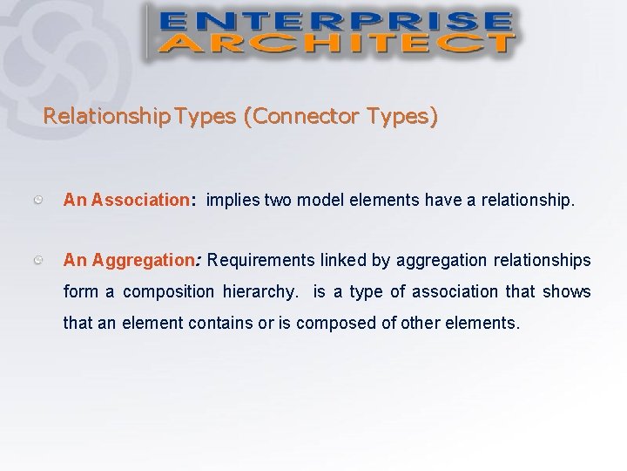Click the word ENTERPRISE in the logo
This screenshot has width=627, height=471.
pos(334,21)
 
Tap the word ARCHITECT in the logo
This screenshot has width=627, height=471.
pos(334,43)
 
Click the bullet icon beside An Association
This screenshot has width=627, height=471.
pos(40,200)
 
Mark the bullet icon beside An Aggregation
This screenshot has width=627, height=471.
pos(40,260)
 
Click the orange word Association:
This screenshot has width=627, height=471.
pos(144,200)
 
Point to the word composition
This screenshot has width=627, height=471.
pos(168,291)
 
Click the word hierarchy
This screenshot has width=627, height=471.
pos(259,291)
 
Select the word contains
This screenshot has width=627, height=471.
pos(223,323)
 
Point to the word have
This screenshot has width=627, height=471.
pos(442,200)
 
